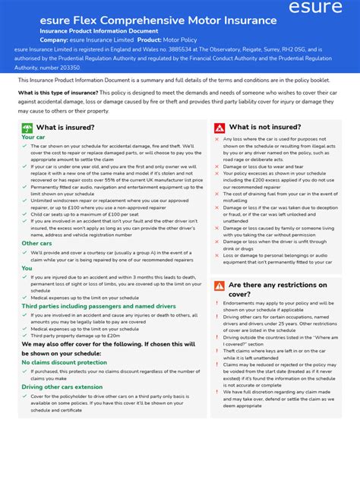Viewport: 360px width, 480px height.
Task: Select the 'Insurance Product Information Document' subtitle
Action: click(93, 30)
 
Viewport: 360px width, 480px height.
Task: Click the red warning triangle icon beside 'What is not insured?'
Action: click(219, 128)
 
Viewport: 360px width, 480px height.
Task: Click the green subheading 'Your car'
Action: click(33, 137)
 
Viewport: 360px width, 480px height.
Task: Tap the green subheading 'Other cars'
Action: click(36, 243)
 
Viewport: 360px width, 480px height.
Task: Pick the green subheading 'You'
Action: click(27, 268)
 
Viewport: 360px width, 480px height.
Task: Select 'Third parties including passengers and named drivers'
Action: click(99, 306)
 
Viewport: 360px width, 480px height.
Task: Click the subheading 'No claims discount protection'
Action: click(64, 362)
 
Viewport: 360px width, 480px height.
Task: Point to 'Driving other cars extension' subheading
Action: click(62, 387)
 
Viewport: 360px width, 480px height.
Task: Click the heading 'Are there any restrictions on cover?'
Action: click(277, 289)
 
